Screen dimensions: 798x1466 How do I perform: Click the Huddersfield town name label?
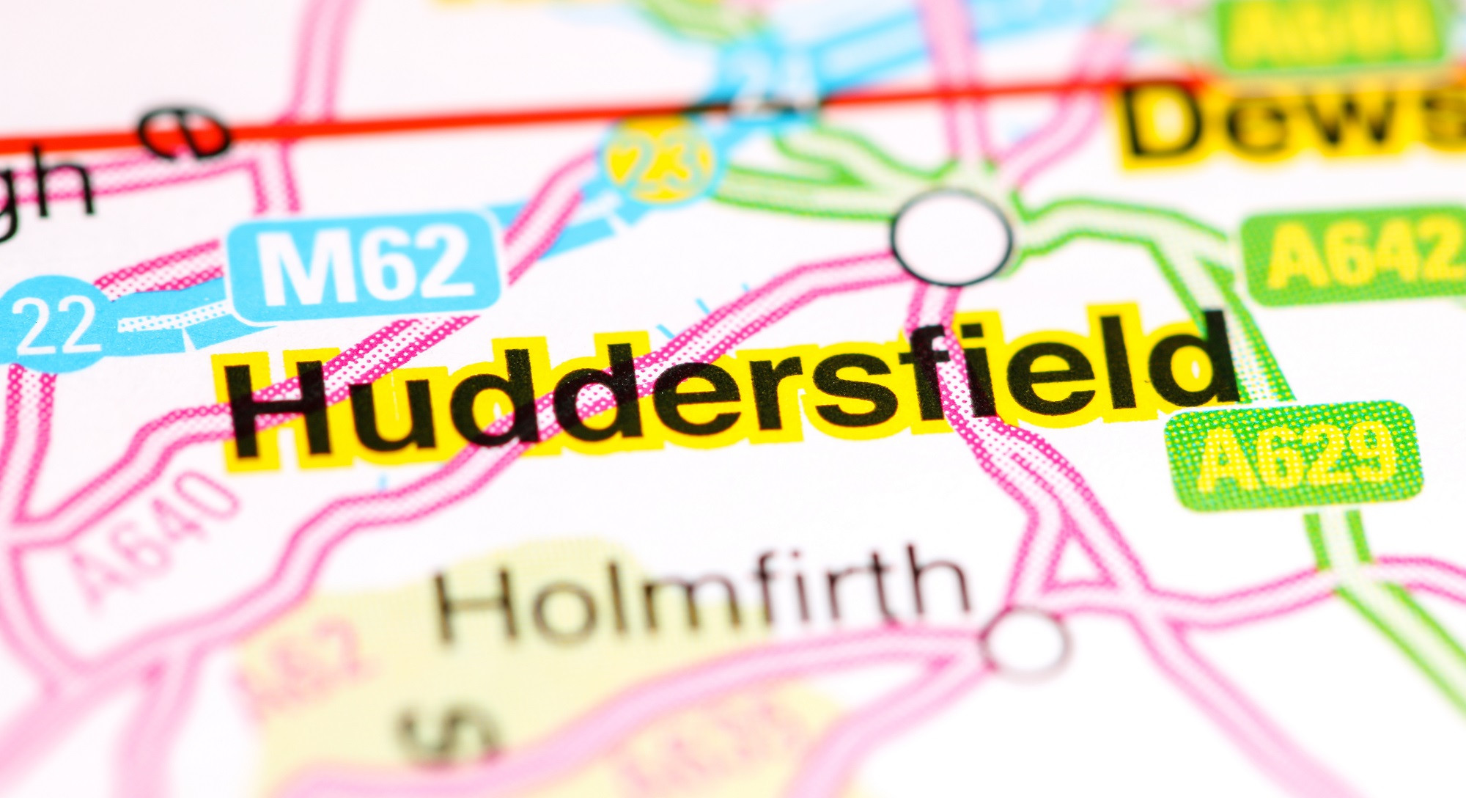(726, 389)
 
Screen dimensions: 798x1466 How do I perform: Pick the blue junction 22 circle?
(56, 323)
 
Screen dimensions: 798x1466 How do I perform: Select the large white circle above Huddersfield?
(951, 236)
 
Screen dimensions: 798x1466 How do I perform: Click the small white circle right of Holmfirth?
(1025, 643)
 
